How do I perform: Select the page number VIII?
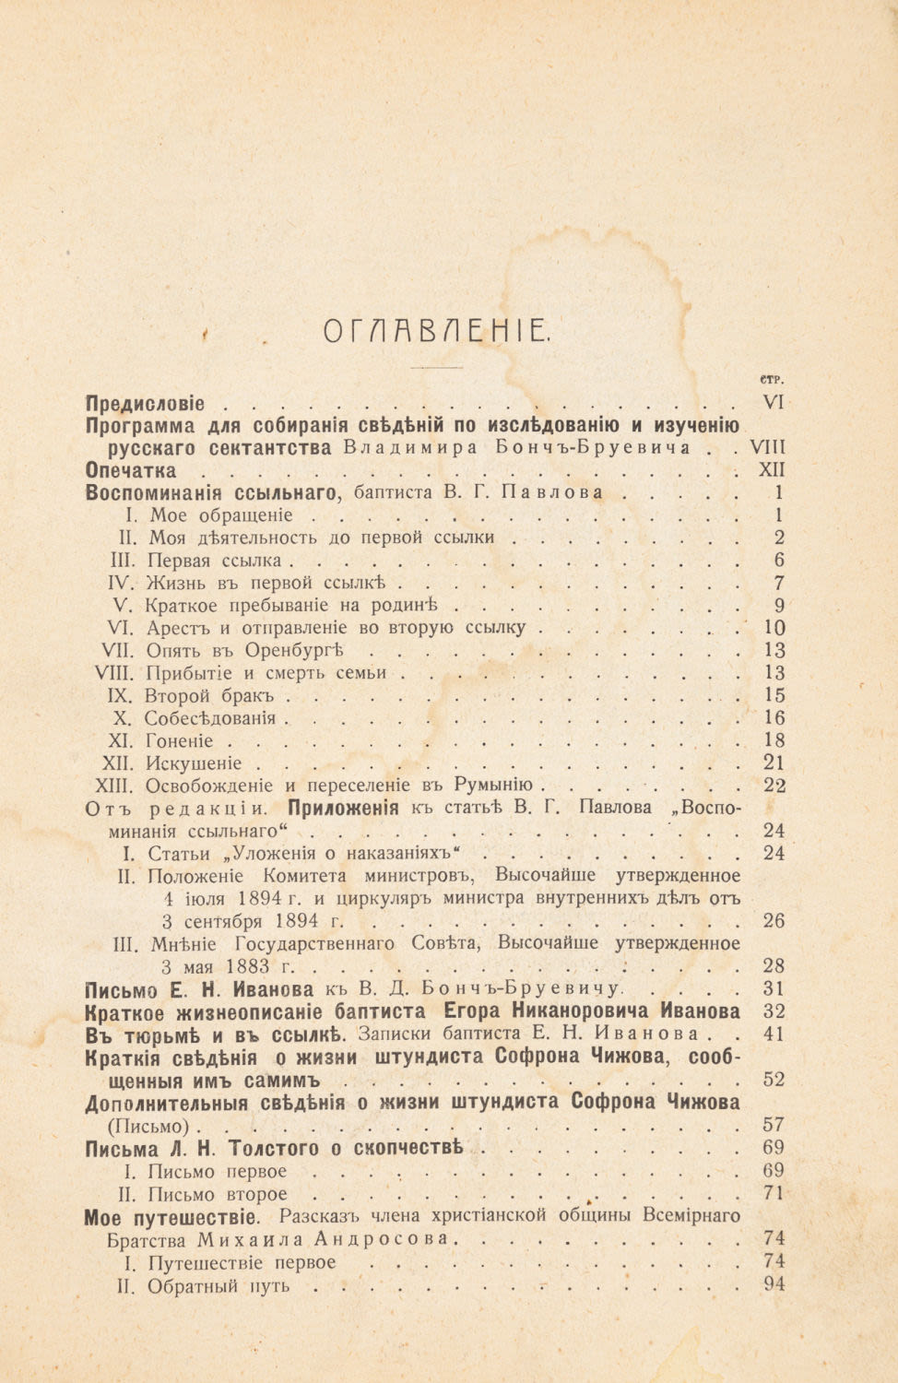point(768,448)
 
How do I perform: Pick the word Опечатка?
point(130,470)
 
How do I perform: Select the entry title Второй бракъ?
point(212,695)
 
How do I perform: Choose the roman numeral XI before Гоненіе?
point(122,740)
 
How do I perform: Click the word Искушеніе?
point(194,763)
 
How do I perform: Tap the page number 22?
point(774,786)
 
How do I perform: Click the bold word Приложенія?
point(344,809)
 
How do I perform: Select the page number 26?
point(774,920)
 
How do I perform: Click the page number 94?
point(774,1284)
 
